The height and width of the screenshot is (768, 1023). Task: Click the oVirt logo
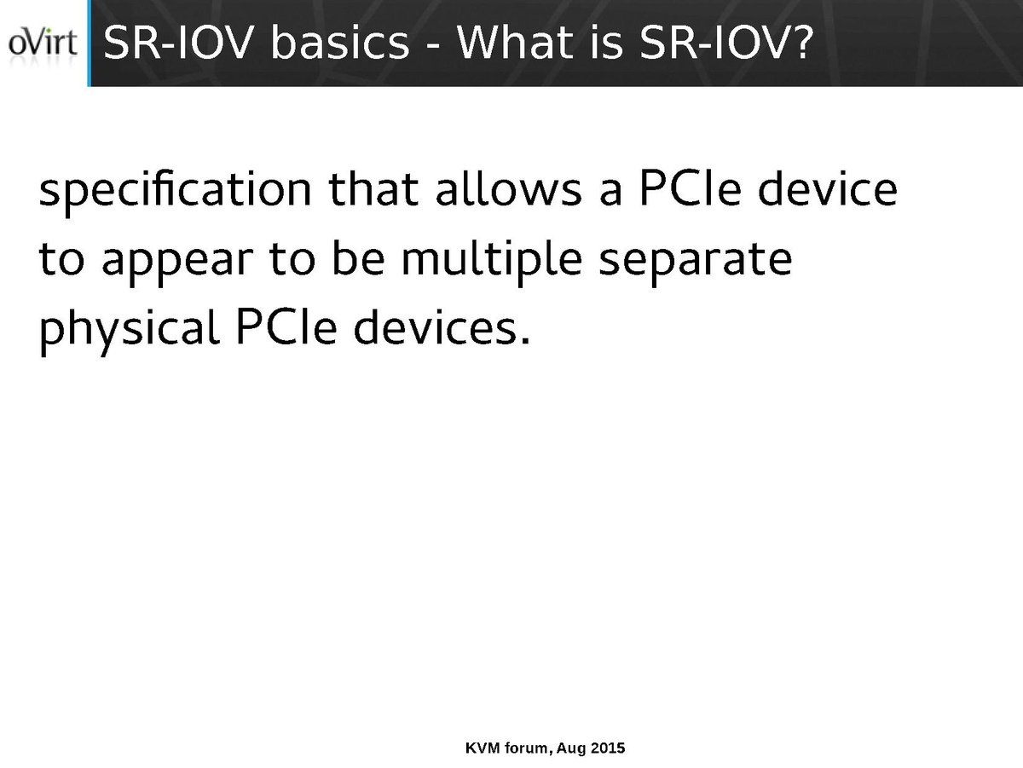[x=43, y=43]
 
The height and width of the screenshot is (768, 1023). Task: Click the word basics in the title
[x=340, y=43]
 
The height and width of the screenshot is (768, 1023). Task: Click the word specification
[x=176, y=192]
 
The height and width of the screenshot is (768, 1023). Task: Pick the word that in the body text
[x=373, y=188]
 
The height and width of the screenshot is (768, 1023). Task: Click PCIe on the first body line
[x=691, y=188]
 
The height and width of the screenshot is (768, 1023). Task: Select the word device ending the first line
[x=828, y=188]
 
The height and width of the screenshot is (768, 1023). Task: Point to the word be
[x=358, y=257]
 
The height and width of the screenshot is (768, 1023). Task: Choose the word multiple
[x=492, y=261]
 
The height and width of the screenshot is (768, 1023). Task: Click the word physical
[x=130, y=331]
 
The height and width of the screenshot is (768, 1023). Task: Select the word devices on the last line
[x=436, y=327]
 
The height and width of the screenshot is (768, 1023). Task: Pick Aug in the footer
[x=571, y=749]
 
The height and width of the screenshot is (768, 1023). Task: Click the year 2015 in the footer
[x=608, y=748]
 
